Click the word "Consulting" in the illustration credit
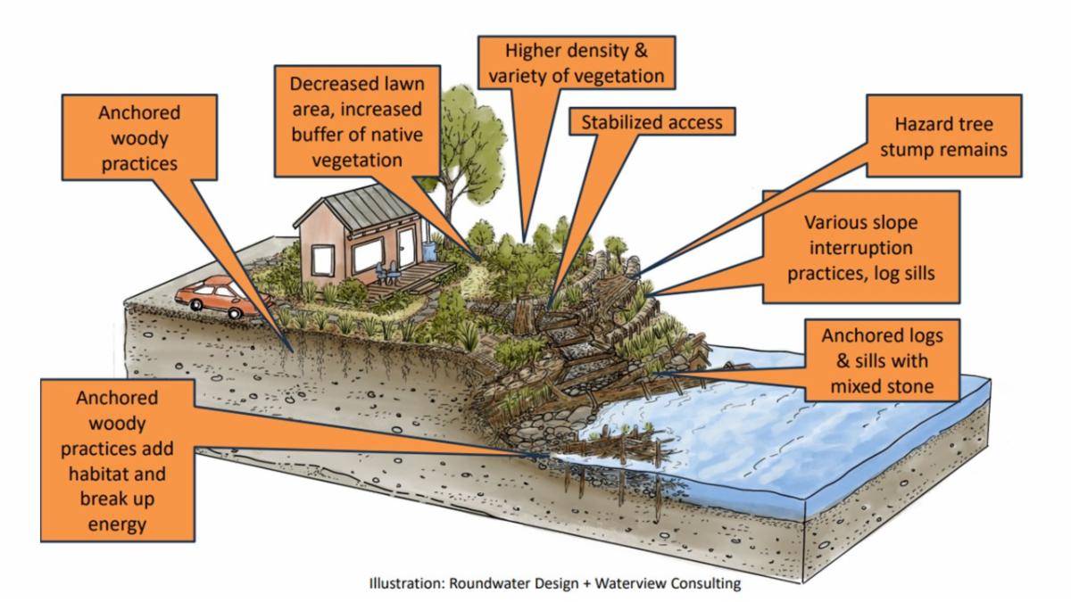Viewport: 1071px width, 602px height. [703, 585]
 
